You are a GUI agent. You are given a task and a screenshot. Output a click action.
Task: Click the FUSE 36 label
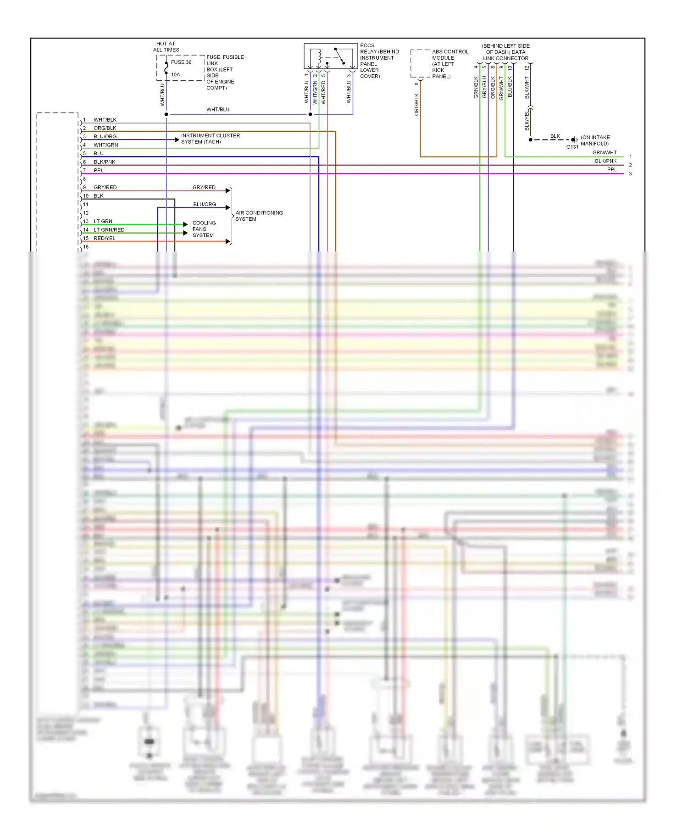click(181, 62)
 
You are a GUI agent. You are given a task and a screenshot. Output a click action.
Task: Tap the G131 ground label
click(572, 147)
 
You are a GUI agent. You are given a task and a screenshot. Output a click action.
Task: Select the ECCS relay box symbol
click(330, 56)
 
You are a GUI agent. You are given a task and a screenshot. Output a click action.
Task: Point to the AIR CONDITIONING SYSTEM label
click(259, 216)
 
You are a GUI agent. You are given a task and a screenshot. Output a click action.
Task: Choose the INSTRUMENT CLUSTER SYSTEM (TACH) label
click(210, 139)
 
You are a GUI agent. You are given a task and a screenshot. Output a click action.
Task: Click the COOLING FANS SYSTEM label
click(204, 229)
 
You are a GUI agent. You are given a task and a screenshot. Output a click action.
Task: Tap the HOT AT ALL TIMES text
click(166, 47)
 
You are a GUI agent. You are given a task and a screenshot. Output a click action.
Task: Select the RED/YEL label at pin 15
click(105, 238)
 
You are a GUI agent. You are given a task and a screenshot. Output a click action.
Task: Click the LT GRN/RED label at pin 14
click(109, 230)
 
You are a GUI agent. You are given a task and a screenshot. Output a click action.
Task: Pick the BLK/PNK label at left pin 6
click(105, 162)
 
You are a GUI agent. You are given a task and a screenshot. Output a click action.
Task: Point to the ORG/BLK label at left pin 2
click(105, 128)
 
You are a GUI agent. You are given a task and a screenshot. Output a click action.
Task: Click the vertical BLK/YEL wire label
click(527, 120)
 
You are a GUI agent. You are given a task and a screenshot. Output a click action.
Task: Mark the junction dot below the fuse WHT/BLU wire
click(166, 114)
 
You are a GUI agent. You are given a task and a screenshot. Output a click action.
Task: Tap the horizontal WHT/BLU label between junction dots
click(218, 110)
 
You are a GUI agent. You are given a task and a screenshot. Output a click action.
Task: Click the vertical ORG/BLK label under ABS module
click(416, 104)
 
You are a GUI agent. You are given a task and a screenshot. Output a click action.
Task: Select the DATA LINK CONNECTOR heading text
click(505, 52)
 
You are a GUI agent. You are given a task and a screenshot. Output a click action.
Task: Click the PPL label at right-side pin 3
click(612, 170)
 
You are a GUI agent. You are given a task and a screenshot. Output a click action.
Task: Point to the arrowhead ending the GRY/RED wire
click(228, 190)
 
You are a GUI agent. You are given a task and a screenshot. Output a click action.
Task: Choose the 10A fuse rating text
click(176, 74)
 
